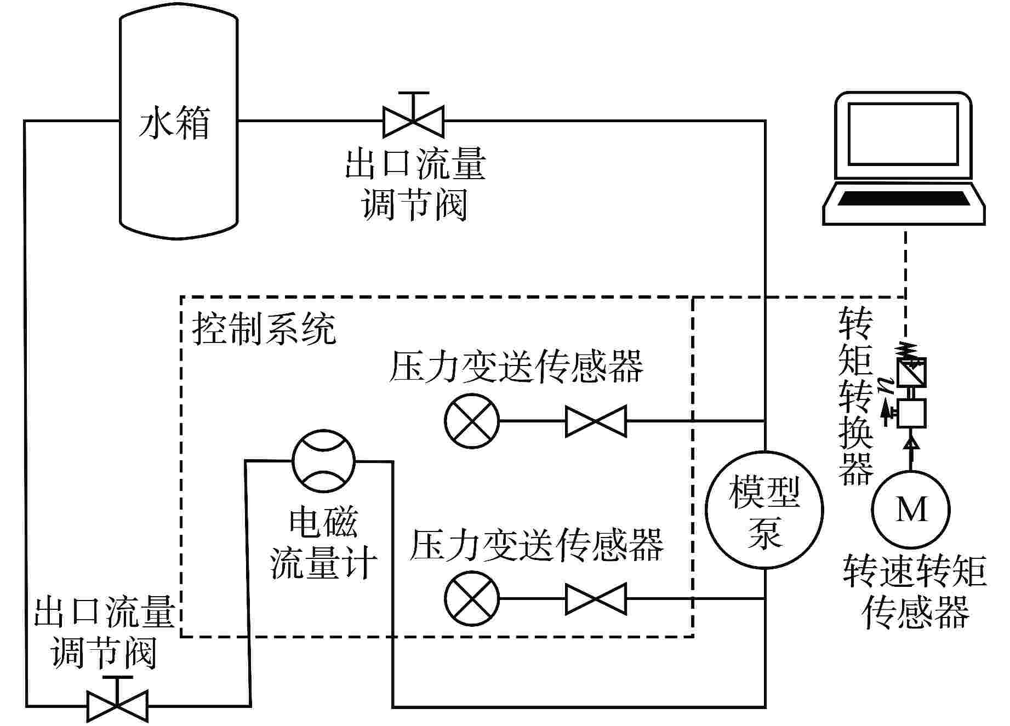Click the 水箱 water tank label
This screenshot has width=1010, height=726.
pos(174,124)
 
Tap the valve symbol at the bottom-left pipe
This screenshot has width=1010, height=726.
pos(117,706)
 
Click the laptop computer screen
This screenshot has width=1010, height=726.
pos(903,134)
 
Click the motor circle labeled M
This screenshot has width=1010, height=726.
pos(911,510)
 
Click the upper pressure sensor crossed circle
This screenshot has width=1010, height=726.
pos(472,421)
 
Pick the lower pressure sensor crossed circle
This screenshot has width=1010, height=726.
pos(472,598)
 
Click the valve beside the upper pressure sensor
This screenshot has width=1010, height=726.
pos(596,421)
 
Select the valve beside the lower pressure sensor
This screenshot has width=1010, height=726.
pos(596,598)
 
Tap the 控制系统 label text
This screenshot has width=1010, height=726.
pos(264,329)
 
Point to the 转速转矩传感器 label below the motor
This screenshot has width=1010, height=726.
pos(914,592)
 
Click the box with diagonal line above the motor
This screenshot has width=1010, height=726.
pos(911,372)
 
